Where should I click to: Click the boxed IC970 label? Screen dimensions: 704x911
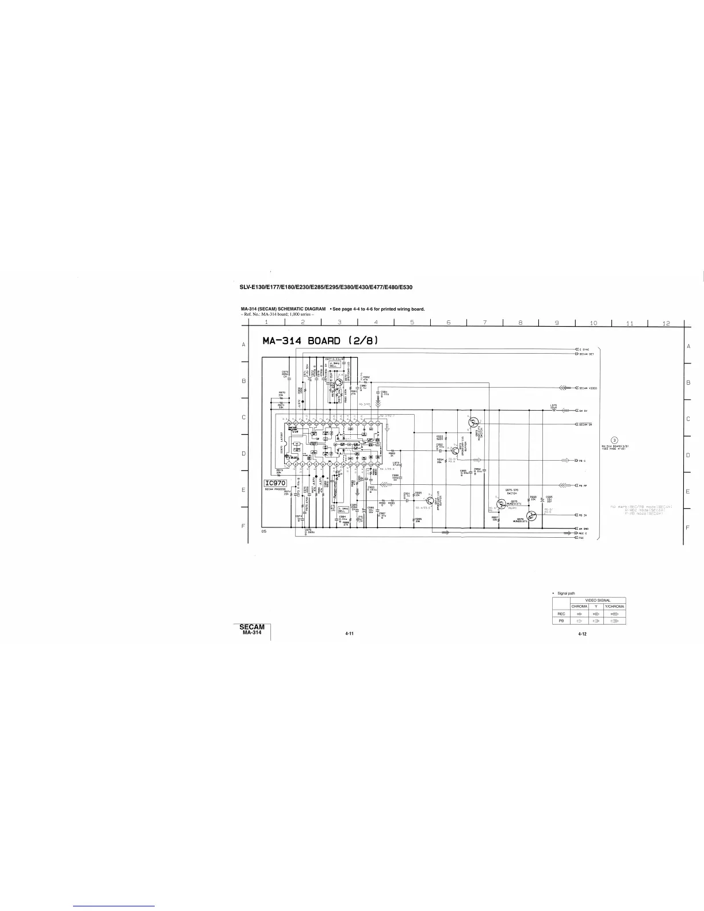pyautogui.click(x=274, y=483)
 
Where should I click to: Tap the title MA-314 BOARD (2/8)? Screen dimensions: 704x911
pyautogui.click(x=320, y=340)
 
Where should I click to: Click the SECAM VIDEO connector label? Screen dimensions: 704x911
pyautogui.click(x=588, y=388)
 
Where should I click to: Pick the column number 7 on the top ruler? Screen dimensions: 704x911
pyautogui.click(x=485, y=323)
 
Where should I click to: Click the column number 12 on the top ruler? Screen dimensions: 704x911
pyautogui.click(x=666, y=323)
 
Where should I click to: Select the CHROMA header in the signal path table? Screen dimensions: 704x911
pyautogui.click(x=579, y=606)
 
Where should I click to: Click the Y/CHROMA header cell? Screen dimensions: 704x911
pyautogui.click(x=614, y=606)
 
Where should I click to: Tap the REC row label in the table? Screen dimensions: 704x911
pyautogui.click(x=561, y=614)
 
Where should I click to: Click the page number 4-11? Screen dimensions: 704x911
pyautogui.click(x=349, y=633)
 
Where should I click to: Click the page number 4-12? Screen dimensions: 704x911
pyautogui.click(x=582, y=633)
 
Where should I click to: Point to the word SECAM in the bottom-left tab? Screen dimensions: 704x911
pyautogui.click(x=252, y=627)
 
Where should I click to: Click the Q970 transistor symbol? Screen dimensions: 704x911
pyautogui.click(x=339, y=382)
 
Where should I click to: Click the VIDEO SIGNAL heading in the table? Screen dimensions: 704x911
pyautogui.click(x=597, y=600)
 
